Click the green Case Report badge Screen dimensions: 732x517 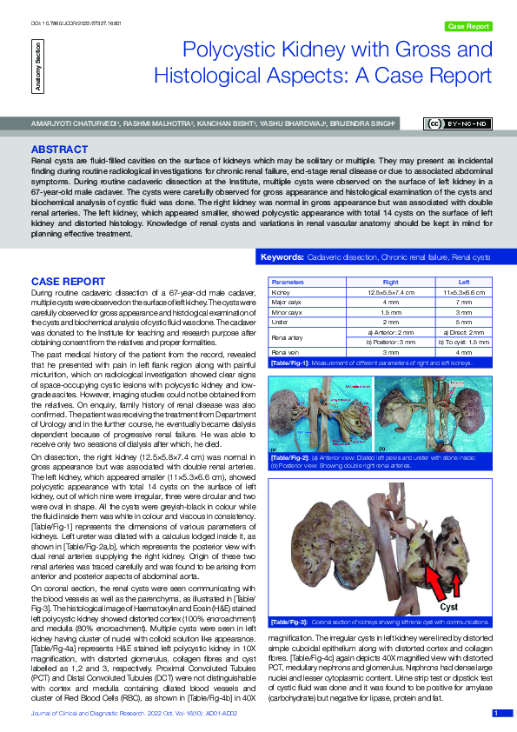pos(467,27)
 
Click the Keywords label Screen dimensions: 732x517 pos(282,258)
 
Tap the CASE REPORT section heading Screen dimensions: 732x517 pos(69,282)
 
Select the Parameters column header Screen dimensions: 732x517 pos(288,283)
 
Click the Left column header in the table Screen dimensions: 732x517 pos(464,283)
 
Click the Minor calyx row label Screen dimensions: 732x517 pos(288,311)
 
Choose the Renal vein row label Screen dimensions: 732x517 pos(287,351)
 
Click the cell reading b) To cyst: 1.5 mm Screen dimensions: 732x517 pos(464,342)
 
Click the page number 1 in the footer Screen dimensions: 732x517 pos(496,713)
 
